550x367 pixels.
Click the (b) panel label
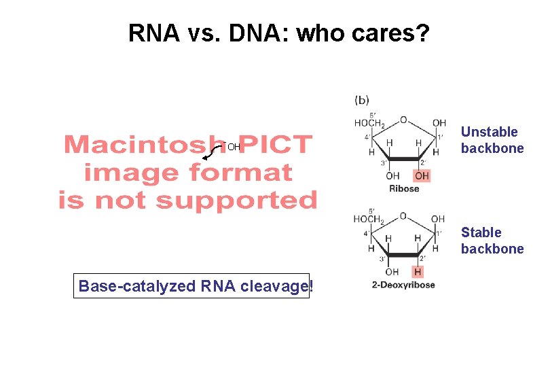point(362,100)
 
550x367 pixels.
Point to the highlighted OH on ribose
point(422,176)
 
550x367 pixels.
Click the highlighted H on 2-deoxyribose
point(418,272)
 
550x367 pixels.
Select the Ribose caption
point(404,189)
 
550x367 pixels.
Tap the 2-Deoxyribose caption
point(403,285)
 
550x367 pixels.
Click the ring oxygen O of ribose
point(403,120)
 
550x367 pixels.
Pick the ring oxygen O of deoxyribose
point(403,216)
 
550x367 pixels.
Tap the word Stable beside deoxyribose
point(481,232)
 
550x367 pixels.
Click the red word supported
point(236,200)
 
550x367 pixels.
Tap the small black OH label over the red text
point(234,147)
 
